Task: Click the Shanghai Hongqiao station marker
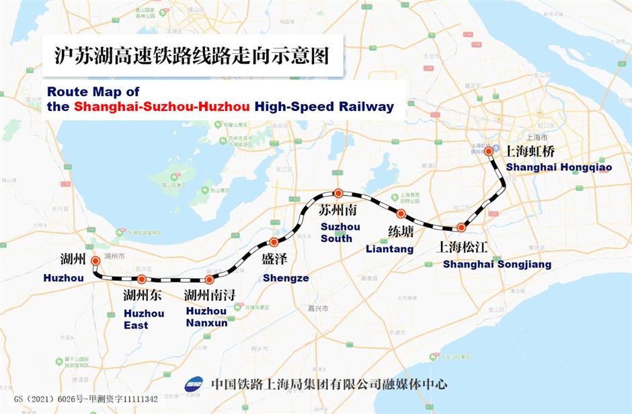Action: pos(489,152)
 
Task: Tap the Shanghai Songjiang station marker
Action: pos(461,228)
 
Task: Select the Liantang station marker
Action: pos(401,214)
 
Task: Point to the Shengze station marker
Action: pos(274,243)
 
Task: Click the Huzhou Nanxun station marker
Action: pos(210,279)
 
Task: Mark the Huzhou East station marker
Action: pos(142,279)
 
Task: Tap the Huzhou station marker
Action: pos(95,261)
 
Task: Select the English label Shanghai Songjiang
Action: pos(497,264)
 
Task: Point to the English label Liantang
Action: pos(389,249)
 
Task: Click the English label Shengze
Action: pos(286,278)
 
